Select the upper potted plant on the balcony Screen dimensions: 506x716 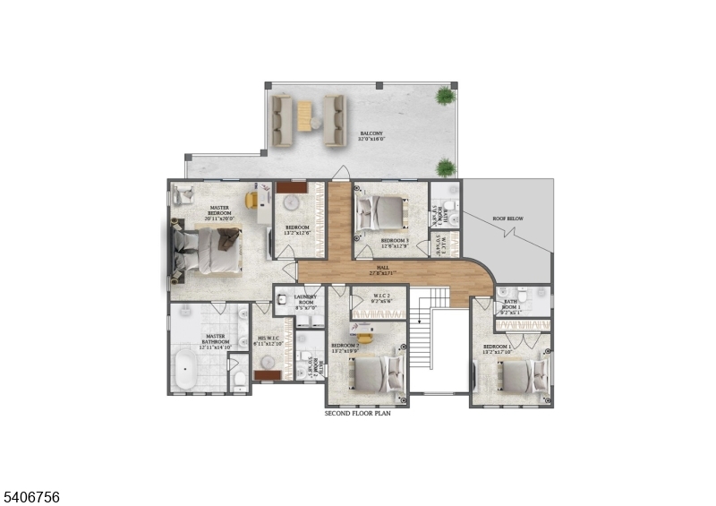(444, 96)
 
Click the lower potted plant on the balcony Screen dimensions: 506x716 (444, 167)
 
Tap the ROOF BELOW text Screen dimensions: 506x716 (507, 219)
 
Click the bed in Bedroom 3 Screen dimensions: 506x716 (379, 213)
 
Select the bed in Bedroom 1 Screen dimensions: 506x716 (520, 374)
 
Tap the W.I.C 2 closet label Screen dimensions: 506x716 (377, 300)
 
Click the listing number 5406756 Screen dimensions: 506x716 (31, 496)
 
